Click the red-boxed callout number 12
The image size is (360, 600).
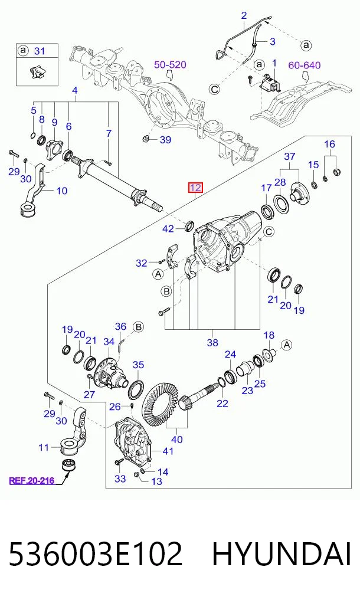coord(195,188)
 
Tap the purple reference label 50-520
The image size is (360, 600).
coord(170,65)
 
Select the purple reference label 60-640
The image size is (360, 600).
coord(305,65)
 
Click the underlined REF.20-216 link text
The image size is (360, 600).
coord(31,480)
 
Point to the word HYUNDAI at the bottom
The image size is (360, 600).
coord(282,554)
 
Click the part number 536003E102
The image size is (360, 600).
coord(96,554)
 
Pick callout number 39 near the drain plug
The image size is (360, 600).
coord(165,140)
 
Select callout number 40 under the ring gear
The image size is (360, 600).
coord(177,440)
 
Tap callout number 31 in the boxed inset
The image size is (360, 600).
coord(40,51)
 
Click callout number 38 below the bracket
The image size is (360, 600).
coord(212,342)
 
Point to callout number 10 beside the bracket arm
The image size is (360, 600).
coord(62,190)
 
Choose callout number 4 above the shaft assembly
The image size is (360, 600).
coord(75,91)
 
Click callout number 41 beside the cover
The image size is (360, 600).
coord(168,451)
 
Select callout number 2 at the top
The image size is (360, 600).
coord(244,16)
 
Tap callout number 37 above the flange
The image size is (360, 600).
coord(290,156)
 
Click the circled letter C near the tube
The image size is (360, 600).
coord(215,89)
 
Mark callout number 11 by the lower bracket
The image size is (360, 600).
coord(44,447)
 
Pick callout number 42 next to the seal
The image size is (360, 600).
coord(168,229)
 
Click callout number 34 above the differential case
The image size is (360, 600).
coord(109,342)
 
